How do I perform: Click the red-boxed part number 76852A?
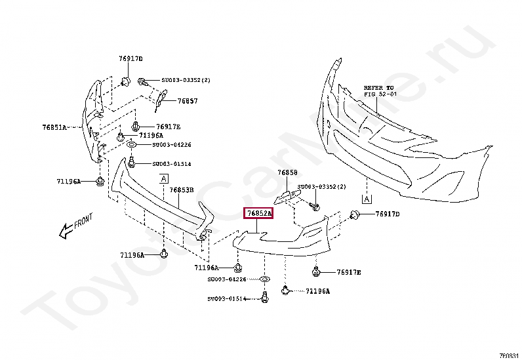pyautogui.click(x=258, y=214)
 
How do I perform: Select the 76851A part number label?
pyautogui.click(x=54, y=127)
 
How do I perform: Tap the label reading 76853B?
pyautogui.click(x=182, y=190)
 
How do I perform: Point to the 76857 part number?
pyautogui.click(x=188, y=102)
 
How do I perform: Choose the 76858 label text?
pyautogui.click(x=287, y=173)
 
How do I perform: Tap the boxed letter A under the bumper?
pyautogui.click(x=367, y=198)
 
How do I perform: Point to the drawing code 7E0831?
pyautogui.click(x=509, y=355)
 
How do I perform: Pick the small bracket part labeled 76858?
pyautogui.click(x=285, y=195)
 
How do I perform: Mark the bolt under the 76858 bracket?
pyautogui.click(x=313, y=207)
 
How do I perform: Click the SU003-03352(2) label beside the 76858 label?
pyautogui.click(x=321, y=187)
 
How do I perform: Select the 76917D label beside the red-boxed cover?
pyautogui.click(x=388, y=214)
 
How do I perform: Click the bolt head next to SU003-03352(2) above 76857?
pyautogui.click(x=142, y=81)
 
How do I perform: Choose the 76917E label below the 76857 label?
pyautogui.click(x=169, y=127)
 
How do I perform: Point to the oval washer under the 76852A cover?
pyautogui.click(x=265, y=280)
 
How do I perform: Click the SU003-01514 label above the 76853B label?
pyautogui.click(x=172, y=164)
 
